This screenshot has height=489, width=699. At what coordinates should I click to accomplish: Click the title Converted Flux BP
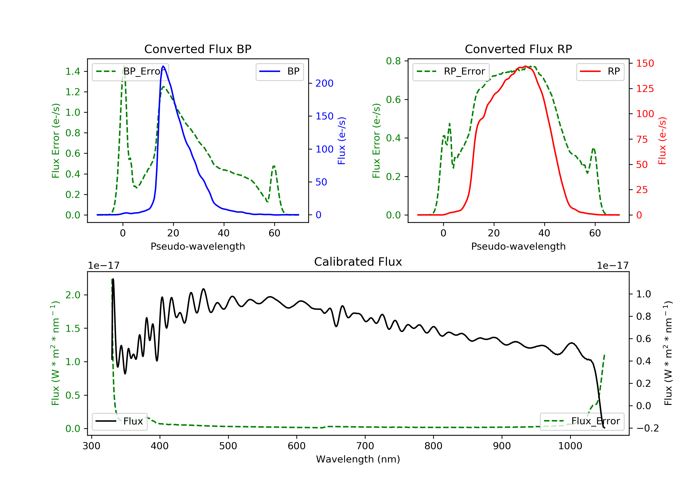click(198, 49)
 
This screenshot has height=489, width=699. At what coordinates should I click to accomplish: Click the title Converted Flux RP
click(518, 49)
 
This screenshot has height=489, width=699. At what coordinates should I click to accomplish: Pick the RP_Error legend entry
click(451, 71)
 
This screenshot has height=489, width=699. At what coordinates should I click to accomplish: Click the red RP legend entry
click(600, 71)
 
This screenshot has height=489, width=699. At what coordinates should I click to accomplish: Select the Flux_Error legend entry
click(582, 421)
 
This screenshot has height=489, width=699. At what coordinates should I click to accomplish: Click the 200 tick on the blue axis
click(324, 83)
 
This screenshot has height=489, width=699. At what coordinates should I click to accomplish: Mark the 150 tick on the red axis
click(645, 63)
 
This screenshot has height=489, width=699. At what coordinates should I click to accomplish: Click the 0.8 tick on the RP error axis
click(393, 61)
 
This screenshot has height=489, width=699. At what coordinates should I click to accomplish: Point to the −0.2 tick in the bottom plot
click(647, 428)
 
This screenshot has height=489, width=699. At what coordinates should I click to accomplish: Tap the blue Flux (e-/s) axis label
click(342, 141)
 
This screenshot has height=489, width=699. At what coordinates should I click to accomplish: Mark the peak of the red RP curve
click(525, 66)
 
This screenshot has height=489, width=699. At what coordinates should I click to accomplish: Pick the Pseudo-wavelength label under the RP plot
click(518, 246)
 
